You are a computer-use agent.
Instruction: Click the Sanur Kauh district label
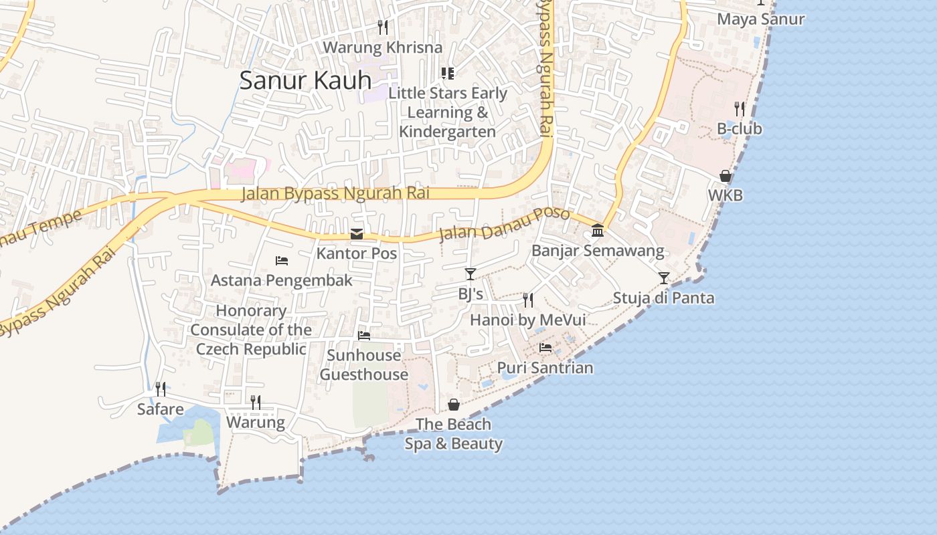(305, 81)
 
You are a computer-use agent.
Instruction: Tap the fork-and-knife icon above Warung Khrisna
(383, 27)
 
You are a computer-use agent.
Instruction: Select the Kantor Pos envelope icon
(357, 234)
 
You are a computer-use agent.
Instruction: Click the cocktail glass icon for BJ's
(471, 274)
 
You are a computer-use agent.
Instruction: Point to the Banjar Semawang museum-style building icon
(598, 231)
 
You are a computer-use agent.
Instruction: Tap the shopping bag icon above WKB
(726, 176)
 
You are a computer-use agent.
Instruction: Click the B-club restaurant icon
(740, 108)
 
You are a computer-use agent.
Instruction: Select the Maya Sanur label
(760, 19)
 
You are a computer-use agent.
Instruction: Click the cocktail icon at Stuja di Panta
(663, 278)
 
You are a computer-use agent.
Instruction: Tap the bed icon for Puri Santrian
(545, 348)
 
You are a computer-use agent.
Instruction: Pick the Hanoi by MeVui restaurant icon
(528, 300)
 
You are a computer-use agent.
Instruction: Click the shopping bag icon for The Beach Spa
(454, 405)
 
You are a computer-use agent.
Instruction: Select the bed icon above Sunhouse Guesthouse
(364, 335)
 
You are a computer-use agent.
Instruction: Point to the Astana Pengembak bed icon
(282, 260)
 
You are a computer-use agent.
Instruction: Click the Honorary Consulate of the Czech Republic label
(251, 330)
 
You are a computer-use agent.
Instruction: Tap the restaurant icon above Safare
(161, 389)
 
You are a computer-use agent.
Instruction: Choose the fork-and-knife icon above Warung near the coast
(256, 402)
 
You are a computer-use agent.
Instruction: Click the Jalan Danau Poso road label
(505, 225)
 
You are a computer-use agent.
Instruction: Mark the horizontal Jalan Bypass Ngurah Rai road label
(335, 193)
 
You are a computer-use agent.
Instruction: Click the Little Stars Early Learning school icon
(447, 73)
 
